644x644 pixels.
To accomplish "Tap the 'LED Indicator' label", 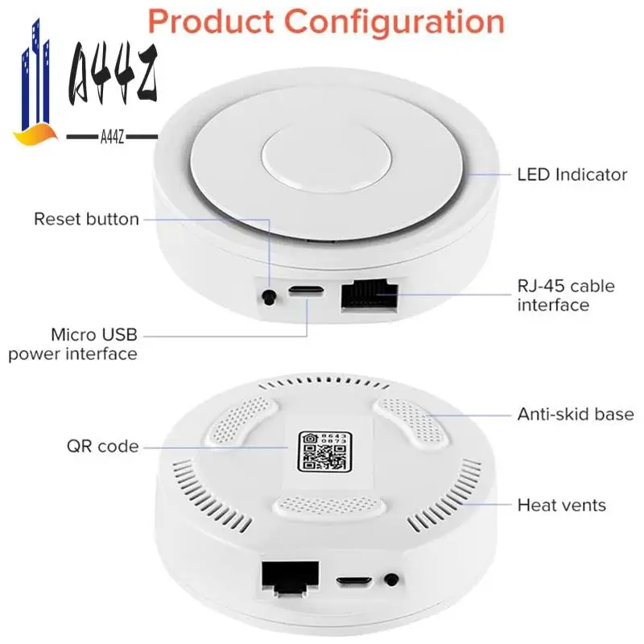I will pyautogui.click(x=572, y=174).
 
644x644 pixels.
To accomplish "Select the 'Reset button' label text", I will pyautogui.click(x=86, y=219).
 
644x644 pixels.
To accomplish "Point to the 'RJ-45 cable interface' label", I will pyautogui.click(x=565, y=295).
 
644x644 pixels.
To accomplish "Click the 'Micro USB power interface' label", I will pyautogui.click(x=73, y=344).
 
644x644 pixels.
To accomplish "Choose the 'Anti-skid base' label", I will pyautogui.click(x=575, y=415).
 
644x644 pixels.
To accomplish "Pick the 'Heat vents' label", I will pyautogui.click(x=561, y=506).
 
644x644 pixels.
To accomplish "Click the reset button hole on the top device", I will pyautogui.click(x=268, y=297).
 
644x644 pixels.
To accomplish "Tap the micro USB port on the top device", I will pyautogui.click(x=306, y=292).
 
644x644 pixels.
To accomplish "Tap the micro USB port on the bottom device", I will pyautogui.click(x=353, y=580).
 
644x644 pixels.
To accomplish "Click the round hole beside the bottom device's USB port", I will pyautogui.click(x=392, y=579).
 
